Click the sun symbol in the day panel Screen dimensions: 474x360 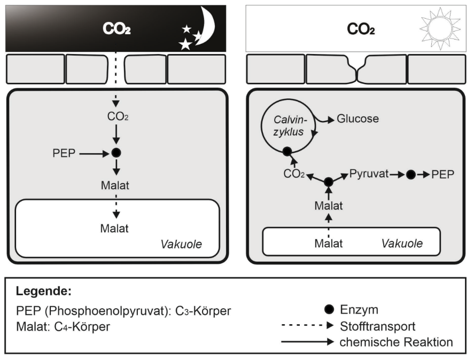pyautogui.click(x=440, y=29)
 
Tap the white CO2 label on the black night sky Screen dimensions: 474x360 pyautogui.click(x=116, y=29)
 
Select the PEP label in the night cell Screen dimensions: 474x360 pyautogui.click(x=64, y=153)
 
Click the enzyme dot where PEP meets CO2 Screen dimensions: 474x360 pyautogui.click(x=116, y=153)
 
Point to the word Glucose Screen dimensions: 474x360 pyautogui.click(x=358, y=119)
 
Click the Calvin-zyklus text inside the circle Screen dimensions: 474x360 pyautogui.click(x=289, y=126)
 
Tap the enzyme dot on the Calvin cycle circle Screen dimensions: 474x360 pyautogui.click(x=287, y=151)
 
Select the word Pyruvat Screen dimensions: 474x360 pyautogui.click(x=369, y=174)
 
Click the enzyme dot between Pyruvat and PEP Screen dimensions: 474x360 pyautogui.click(x=410, y=175)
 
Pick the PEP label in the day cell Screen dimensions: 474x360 pyautogui.click(x=443, y=175)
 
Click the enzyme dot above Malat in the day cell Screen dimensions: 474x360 pyautogui.click(x=329, y=182)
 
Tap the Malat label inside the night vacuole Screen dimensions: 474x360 pyautogui.click(x=114, y=229)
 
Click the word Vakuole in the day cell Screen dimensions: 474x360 pyautogui.click(x=402, y=244)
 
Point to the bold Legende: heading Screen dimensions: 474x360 pyautogui.click(x=43, y=291)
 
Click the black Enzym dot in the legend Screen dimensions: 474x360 pyautogui.click(x=329, y=309)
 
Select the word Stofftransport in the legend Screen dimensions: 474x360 pyautogui.click(x=378, y=326)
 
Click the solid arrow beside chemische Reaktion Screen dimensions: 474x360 pyautogui.click(x=307, y=342)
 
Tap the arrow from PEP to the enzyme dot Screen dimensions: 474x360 pyautogui.click(x=94, y=154)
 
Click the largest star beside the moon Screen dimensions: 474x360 pyautogui.click(x=185, y=44)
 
